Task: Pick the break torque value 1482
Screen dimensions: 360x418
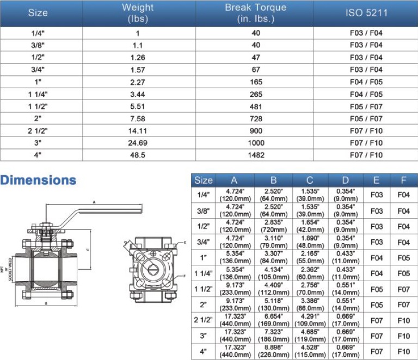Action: click(256, 156)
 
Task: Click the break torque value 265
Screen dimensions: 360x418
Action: click(256, 94)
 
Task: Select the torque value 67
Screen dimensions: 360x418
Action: click(256, 70)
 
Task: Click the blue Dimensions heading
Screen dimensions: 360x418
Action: click(39, 180)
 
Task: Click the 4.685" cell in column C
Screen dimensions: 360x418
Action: click(310, 336)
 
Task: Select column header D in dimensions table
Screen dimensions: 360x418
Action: click(346, 181)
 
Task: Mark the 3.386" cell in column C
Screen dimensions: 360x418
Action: click(310, 304)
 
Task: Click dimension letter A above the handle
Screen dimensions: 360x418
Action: click(94, 202)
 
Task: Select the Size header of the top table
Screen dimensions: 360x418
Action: click(38, 13)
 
